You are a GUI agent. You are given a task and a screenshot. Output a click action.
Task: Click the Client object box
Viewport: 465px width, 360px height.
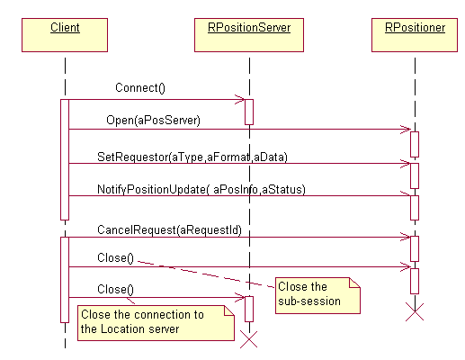[65, 35]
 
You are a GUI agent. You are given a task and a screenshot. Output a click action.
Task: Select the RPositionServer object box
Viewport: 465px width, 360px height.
[249, 35]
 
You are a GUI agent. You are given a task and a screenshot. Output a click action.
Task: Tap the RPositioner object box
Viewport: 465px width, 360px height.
[415, 35]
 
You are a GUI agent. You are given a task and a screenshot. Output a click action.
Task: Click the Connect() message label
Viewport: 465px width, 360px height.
[140, 88]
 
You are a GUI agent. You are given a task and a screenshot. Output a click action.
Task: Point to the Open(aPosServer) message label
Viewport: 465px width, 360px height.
[153, 121]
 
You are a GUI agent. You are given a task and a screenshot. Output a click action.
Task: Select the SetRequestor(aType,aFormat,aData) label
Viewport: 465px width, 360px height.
[192, 157]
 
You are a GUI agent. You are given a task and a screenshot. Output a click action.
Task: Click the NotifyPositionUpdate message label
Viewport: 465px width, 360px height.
[201, 189]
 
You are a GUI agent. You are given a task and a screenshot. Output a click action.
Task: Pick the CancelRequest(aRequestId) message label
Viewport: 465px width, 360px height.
[169, 230]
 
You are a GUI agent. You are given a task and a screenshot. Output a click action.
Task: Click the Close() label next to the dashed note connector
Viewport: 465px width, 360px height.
[115, 258]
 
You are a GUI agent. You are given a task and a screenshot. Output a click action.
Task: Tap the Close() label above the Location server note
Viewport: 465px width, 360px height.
[115, 290]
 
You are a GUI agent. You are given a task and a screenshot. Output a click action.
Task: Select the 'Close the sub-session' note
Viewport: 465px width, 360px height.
[317, 295]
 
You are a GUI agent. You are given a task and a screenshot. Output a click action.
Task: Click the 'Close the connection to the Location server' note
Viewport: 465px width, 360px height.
[156, 323]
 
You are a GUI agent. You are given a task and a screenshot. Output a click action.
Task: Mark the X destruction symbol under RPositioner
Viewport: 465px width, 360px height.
[415, 312]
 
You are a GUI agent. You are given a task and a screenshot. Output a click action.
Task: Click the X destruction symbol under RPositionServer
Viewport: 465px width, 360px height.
[249, 339]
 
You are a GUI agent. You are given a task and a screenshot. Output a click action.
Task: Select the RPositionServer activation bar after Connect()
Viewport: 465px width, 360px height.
[249, 112]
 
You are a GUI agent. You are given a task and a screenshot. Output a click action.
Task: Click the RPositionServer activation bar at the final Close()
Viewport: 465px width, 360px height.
[249, 309]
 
